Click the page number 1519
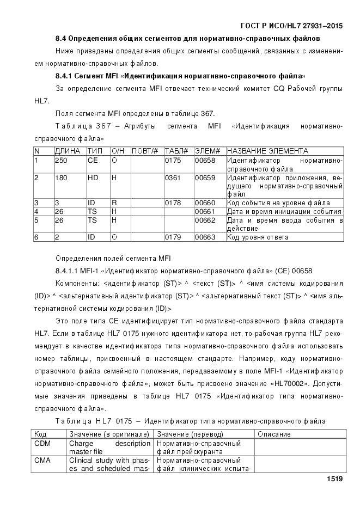[x=334, y=479]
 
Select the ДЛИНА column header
[x=68, y=151]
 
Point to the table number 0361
[x=173, y=178]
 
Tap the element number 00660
[x=205, y=203]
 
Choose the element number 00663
[x=205, y=237]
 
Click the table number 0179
[x=173, y=237]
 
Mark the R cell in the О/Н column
[x=114, y=203]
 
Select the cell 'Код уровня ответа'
[x=258, y=237]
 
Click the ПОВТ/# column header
[x=145, y=151]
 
